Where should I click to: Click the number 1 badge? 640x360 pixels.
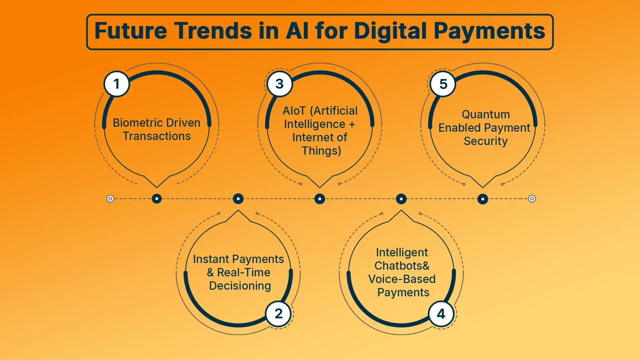point(116,84)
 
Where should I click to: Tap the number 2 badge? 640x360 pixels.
point(279,314)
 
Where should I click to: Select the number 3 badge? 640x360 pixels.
point(280,84)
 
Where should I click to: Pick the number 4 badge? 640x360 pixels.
point(441,314)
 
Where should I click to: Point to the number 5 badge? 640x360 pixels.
point(443,84)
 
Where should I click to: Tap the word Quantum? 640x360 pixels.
point(486,114)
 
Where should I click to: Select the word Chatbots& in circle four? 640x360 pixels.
point(402,266)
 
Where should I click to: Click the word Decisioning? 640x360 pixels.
point(240,286)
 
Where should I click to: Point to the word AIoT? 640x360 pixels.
point(294,111)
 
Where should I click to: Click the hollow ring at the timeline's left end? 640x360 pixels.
point(110,199)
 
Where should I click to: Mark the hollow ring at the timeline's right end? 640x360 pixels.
point(532,199)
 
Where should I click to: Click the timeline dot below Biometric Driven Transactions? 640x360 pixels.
point(157,199)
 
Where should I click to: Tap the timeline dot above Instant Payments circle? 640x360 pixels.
point(238,199)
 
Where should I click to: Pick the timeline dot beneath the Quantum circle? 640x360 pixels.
point(483,199)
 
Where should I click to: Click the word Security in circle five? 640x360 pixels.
point(486,141)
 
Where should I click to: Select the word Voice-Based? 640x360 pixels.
point(402,279)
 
